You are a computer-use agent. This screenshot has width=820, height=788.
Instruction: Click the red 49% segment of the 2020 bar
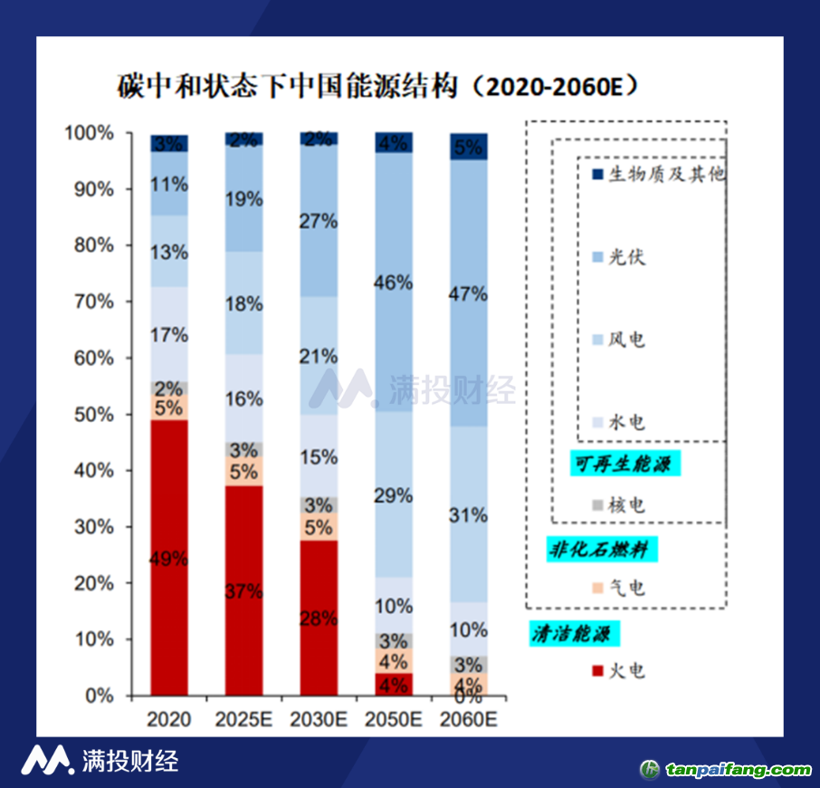pos(169,557)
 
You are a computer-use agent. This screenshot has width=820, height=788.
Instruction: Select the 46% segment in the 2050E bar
pos(394,282)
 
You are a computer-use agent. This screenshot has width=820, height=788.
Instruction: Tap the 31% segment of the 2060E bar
pos(469,514)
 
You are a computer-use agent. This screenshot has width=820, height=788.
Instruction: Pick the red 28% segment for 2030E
pos(319,618)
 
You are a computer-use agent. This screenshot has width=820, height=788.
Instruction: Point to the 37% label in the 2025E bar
pos(244,591)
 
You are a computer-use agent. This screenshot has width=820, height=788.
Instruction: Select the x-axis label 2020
pos(168,720)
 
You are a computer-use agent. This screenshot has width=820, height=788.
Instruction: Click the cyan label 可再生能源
pos(625,465)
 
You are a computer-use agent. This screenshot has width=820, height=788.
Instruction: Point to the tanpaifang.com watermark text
pos(739,771)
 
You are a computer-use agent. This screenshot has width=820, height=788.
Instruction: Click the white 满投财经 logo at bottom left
pos(100,760)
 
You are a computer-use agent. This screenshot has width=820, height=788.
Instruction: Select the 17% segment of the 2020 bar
pos(169,334)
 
